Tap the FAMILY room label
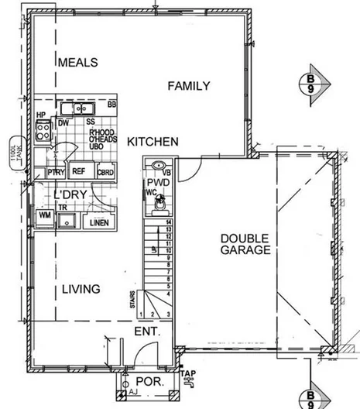[189, 86]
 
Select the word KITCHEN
[153, 142]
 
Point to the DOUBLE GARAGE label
[245, 244]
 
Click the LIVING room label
[81, 289]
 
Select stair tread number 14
[166, 223]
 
